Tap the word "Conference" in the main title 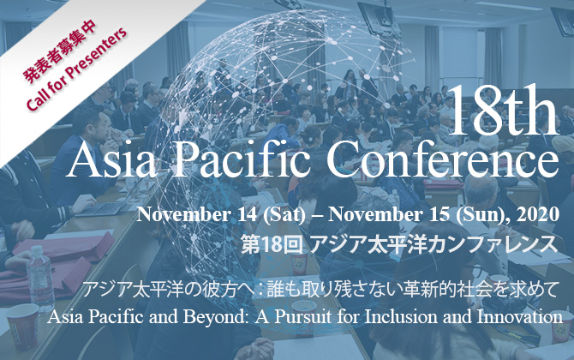443,159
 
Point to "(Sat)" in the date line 284,214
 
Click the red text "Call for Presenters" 77,69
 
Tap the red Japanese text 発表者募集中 61,50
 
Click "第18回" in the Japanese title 272,245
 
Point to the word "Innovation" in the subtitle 520,317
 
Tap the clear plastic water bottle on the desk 40,279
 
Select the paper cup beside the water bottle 22,326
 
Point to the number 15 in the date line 439,214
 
